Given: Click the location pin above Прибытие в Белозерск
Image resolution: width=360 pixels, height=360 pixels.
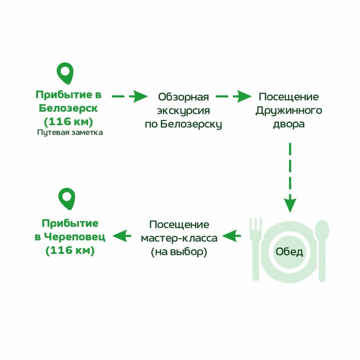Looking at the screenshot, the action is (x=65, y=73).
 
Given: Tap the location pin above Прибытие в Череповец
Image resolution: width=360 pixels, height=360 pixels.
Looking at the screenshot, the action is (x=67, y=199).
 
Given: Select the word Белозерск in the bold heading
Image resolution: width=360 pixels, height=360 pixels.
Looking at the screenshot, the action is (x=68, y=108).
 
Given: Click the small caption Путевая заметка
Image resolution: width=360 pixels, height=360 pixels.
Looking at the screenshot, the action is (x=70, y=133).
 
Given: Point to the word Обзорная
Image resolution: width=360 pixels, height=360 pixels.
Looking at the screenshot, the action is (x=184, y=97).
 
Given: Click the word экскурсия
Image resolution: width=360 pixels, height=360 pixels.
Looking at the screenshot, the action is (x=184, y=111).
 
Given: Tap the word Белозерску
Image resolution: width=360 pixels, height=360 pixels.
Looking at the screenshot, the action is (x=191, y=124).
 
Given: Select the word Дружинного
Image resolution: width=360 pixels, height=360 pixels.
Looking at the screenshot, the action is (x=289, y=111).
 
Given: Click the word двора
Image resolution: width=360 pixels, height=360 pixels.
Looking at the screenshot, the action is (x=289, y=124).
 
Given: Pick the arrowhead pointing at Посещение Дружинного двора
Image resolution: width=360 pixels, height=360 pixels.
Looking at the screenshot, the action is (x=243, y=96).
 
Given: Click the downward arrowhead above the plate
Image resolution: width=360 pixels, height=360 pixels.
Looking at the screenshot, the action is (x=290, y=204).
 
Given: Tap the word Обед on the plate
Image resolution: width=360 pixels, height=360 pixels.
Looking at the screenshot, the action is (x=289, y=252).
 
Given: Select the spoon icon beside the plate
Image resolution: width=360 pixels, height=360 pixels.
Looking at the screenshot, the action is (x=322, y=251).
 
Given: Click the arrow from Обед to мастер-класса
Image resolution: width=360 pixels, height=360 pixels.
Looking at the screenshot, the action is (x=232, y=236).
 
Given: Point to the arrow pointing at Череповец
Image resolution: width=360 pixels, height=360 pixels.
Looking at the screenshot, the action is (x=122, y=236).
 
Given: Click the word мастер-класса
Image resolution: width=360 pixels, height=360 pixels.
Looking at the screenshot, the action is (x=179, y=238).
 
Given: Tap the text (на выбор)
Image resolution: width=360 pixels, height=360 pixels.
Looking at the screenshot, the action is (x=179, y=252).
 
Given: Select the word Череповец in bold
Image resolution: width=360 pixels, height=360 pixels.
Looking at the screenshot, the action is (x=75, y=237).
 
